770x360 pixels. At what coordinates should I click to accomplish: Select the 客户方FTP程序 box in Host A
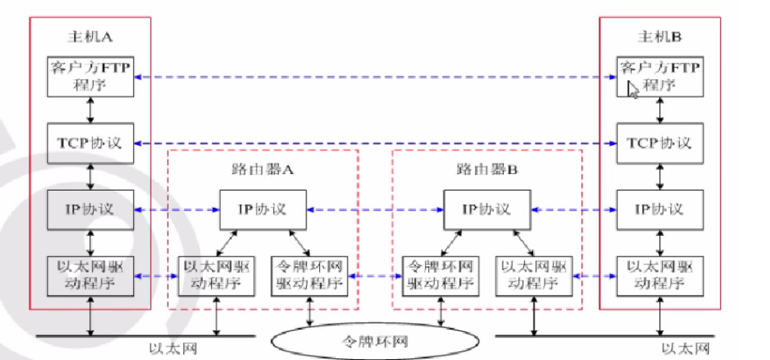click(x=91, y=76)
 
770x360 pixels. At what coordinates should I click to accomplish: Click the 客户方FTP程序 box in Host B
click(x=658, y=76)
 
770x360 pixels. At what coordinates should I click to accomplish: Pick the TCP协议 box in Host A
click(x=91, y=143)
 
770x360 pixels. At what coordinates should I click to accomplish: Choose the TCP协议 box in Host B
click(x=658, y=143)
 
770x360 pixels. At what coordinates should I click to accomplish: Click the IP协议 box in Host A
click(x=91, y=209)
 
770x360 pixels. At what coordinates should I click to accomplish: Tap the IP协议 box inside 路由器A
click(x=263, y=209)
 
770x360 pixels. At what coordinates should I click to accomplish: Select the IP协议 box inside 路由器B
click(x=487, y=209)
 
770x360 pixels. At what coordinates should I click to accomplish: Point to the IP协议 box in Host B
click(x=658, y=209)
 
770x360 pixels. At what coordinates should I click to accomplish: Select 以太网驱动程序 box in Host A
click(x=91, y=276)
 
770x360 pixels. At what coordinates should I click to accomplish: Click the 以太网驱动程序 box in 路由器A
click(x=217, y=276)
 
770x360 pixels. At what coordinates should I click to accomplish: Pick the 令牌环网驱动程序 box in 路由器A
click(x=309, y=276)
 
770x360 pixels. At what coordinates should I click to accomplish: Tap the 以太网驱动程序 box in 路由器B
click(x=534, y=276)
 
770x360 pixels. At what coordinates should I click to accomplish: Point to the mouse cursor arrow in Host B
click(x=632, y=89)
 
